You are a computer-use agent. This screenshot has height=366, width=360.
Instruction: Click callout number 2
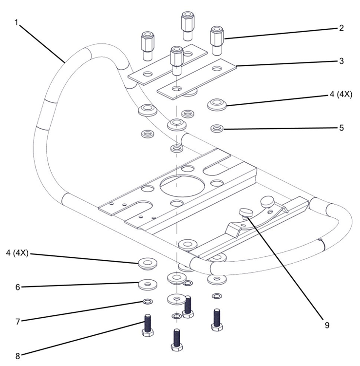point(341,28)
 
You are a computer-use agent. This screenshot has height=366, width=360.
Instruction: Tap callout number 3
point(341,61)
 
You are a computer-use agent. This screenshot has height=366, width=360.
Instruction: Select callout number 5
point(341,128)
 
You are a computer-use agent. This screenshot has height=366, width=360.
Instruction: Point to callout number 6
point(18,288)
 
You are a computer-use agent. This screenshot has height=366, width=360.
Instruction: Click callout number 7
point(18,322)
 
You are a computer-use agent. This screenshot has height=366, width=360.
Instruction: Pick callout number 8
point(18,356)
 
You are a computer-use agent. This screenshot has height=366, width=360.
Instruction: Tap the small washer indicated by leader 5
point(217,129)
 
